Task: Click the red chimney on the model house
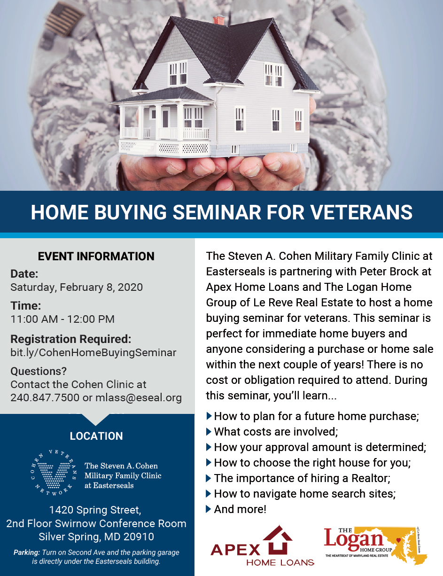[x=218, y=19]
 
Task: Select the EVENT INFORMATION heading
[x=96, y=256]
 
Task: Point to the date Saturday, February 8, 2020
[x=77, y=287]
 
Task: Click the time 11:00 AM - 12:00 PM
[x=62, y=319]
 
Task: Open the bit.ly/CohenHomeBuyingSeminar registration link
[x=93, y=352]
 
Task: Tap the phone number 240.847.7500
[x=45, y=397]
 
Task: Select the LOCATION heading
[x=96, y=436]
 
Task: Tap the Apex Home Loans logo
[x=262, y=546]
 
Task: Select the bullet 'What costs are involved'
[x=276, y=431]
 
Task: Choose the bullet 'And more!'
[x=240, y=509]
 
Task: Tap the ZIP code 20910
[x=136, y=537]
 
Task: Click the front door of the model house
[x=165, y=118]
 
